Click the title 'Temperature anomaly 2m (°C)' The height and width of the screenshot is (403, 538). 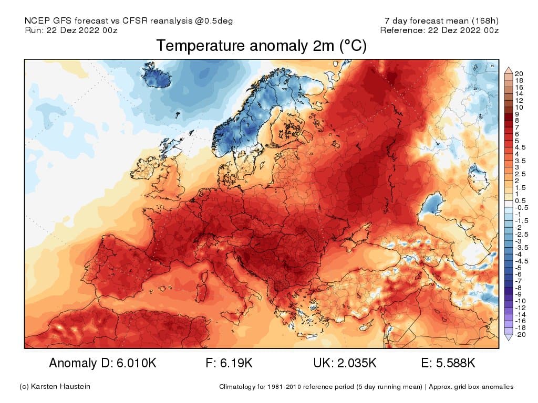[261, 46]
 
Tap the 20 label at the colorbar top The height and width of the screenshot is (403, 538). [519, 73]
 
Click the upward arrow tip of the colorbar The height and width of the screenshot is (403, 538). [508, 69]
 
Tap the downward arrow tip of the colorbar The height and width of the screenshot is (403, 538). [508, 339]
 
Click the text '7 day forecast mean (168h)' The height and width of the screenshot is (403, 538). [441, 21]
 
